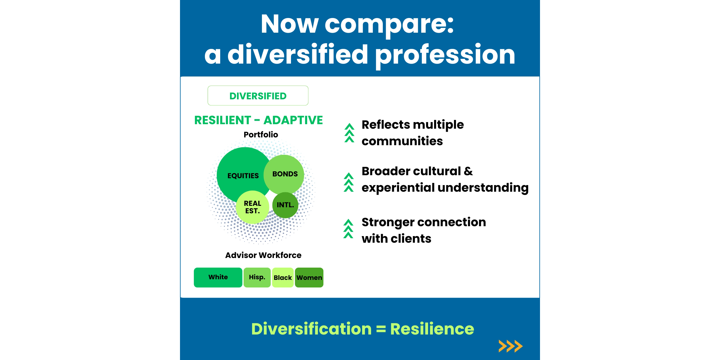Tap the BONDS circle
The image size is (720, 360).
point(284,174)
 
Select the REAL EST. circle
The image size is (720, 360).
point(253,207)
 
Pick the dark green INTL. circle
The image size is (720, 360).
point(285,205)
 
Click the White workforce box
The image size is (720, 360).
point(218,277)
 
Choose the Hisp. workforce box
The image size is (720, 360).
point(257,277)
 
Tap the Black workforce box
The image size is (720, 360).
point(283,277)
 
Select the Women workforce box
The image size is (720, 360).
point(309,277)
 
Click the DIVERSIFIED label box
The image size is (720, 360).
point(258,96)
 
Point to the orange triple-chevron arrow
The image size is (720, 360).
point(511,346)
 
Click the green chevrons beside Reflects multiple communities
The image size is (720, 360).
point(349,133)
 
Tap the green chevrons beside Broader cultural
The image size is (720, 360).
point(349,182)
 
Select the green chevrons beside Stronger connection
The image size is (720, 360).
point(348,229)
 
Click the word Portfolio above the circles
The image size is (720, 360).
point(261,135)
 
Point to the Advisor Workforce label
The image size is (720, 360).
point(263,255)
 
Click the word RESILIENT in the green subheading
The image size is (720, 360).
point(223,120)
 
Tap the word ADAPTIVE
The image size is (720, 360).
point(293,120)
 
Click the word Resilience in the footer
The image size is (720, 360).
point(432,329)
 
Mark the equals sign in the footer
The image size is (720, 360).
point(381,329)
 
